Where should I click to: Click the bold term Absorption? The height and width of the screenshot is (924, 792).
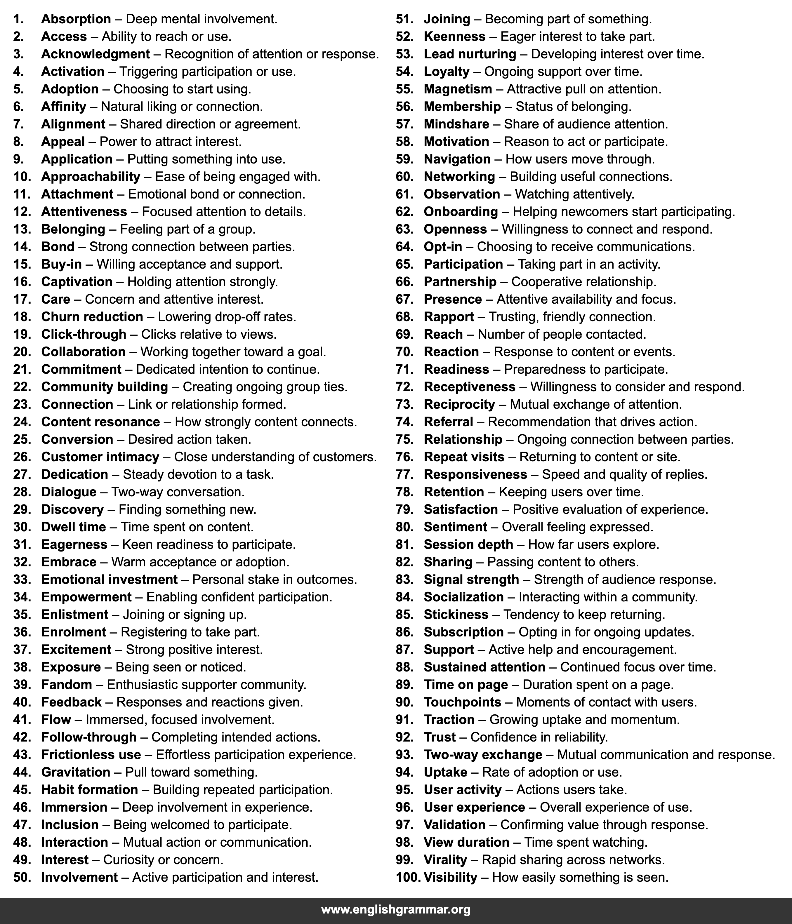(x=76, y=19)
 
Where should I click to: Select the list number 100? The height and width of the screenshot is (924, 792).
(x=408, y=877)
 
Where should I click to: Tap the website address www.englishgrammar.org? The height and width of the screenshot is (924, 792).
(x=396, y=909)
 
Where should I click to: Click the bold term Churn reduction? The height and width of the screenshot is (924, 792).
(x=92, y=317)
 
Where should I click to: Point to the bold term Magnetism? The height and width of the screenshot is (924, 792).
(x=457, y=89)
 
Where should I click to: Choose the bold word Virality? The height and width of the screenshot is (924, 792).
(x=445, y=859)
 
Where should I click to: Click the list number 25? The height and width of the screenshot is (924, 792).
(x=22, y=439)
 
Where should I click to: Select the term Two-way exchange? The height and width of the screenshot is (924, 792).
(x=483, y=755)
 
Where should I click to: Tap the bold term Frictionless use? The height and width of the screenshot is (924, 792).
(x=91, y=755)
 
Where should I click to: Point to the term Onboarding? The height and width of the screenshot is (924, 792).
(x=461, y=212)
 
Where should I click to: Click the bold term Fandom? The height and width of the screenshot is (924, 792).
(x=67, y=685)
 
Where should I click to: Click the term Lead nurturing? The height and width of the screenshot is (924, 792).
(x=469, y=54)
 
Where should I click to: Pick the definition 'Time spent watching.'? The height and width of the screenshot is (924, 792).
(x=586, y=842)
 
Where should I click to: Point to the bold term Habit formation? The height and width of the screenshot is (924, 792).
(x=89, y=789)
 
